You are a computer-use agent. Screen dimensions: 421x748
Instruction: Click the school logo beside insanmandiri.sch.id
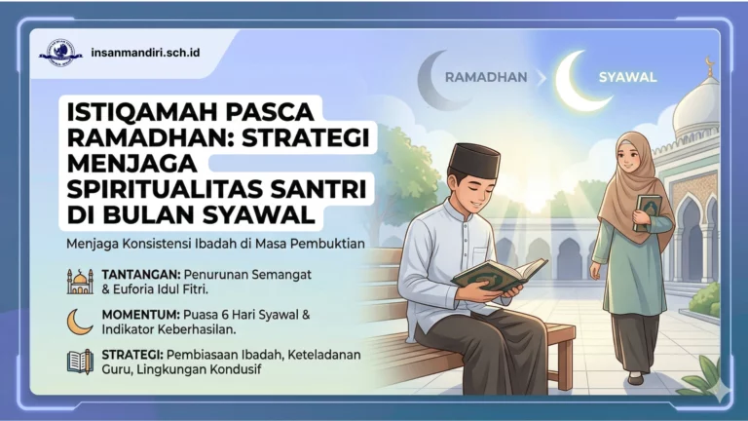[x=60, y=52]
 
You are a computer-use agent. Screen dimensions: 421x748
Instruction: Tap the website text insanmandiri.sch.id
[x=144, y=52]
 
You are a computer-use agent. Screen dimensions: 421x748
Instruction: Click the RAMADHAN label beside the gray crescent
[x=485, y=76]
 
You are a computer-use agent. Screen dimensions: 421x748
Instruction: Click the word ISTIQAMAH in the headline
[x=136, y=111]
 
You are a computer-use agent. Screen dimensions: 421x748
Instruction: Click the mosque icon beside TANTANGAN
[x=80, y=281]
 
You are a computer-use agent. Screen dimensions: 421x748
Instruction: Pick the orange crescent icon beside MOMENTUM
[x=80, y=322]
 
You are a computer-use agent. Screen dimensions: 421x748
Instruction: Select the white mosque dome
[x=699, y=105]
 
